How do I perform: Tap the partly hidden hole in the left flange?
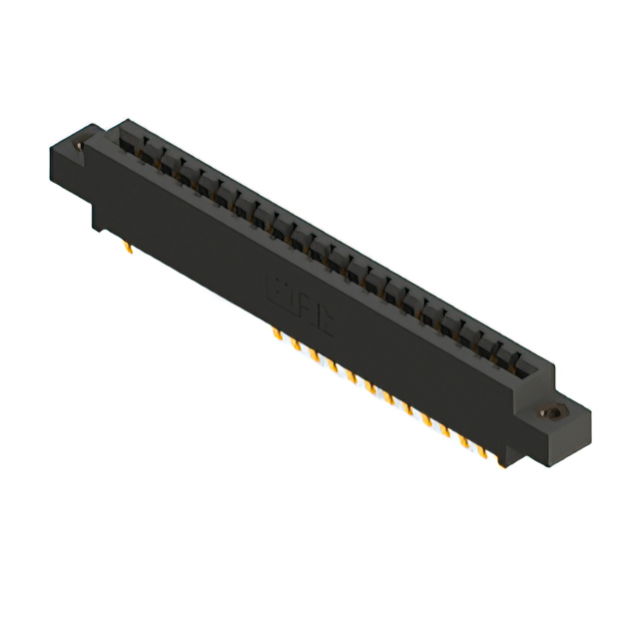click(x=80, y=147)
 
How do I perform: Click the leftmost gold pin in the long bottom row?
click(x=277, y=333)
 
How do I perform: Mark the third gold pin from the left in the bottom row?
click(x=314, y=354)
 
